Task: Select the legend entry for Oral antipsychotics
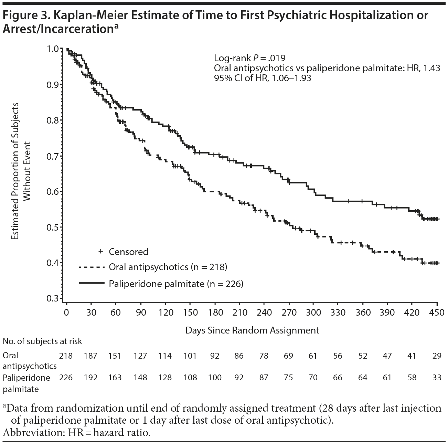tap(168, 267)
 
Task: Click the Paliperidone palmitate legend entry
tap(176, 284)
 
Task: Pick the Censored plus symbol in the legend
tap(101, 252)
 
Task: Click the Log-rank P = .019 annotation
tap(249, 57)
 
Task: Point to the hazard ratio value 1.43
tap(432, 68)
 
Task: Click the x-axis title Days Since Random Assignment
tap(252, 330)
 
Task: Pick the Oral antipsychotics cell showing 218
tap(66, 356)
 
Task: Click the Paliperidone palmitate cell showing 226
tap(66, 378)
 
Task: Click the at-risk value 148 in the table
tap(140, 378)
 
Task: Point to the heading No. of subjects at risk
tap(42, 341)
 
